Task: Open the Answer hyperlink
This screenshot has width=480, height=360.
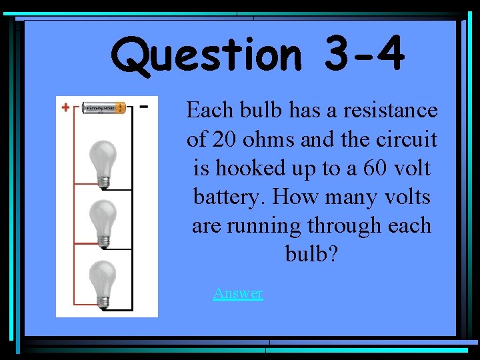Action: (x=237, y=293)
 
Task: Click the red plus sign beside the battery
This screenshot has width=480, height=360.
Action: (x=66, y=107)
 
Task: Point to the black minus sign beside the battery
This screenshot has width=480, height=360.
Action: (x=145, y=105)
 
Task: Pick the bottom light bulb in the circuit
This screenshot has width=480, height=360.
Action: (x=103, y=281)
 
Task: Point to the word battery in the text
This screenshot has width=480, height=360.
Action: (x=225, y=197)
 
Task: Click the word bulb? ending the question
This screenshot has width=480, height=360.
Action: (x=311, y=255)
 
